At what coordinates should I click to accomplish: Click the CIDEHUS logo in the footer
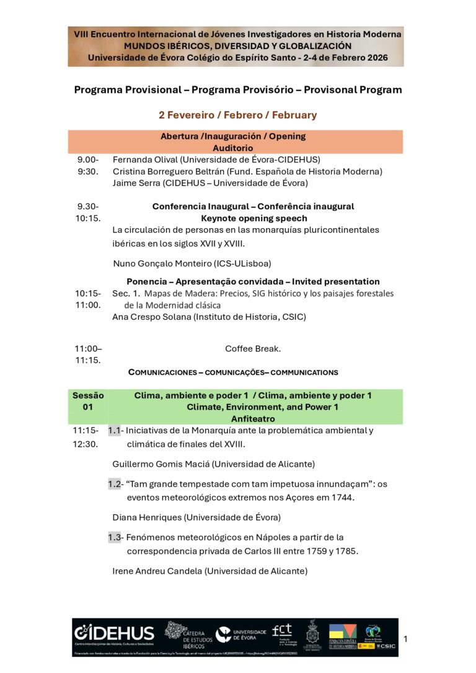114,633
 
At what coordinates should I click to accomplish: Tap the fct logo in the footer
282,631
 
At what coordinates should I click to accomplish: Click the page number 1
405,638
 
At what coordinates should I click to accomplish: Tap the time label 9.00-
87,159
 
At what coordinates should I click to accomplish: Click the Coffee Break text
253,349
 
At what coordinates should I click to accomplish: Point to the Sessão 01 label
88,401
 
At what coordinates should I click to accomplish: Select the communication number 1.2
115,484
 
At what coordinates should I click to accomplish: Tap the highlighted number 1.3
115,537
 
